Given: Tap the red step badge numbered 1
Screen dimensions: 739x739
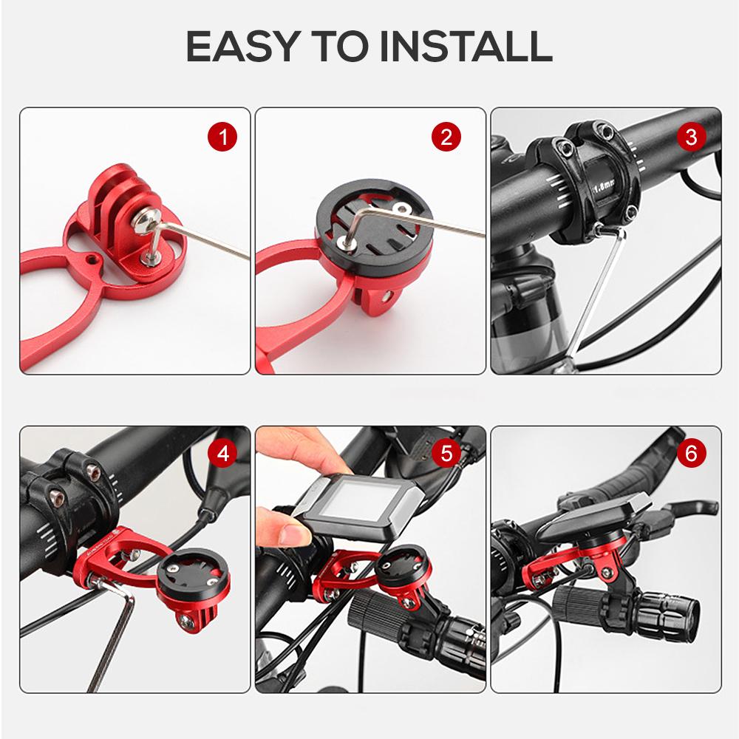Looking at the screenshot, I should tap(222, 137).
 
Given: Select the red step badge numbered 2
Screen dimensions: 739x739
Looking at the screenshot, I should tap(446, 137).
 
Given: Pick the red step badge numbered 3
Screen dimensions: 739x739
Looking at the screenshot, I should tap(691, 137).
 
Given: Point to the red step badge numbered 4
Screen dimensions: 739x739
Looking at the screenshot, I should tap(222, 454).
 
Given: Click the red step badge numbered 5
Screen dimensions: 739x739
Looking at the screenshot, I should tap(446, 454).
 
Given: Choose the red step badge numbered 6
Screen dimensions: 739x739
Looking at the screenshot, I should tap(691, 454).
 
